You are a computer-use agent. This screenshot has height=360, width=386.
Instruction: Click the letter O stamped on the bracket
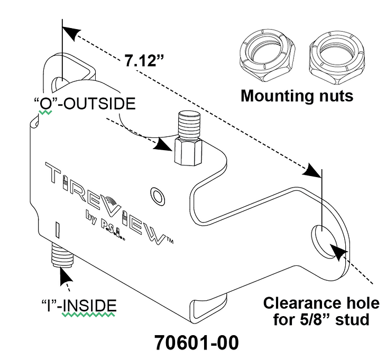tap(158, 194)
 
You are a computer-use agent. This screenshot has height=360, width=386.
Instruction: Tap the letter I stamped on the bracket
tap(56, 230)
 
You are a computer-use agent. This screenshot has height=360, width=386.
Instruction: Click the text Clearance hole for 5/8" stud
tap(321, 311)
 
